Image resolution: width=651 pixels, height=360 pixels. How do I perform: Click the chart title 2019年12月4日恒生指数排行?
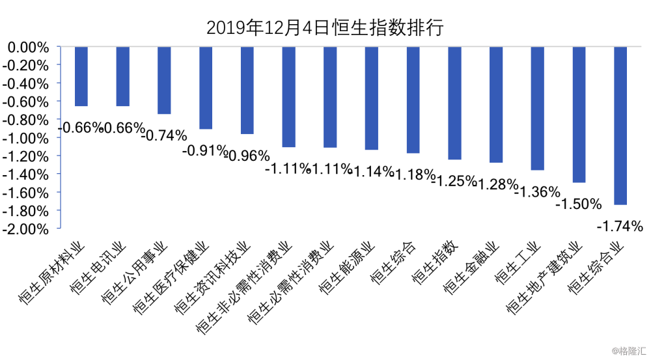coord(325,27)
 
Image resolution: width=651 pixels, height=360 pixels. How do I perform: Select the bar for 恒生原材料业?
coord(81,76)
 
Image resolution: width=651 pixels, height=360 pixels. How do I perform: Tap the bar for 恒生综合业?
coord(620,126)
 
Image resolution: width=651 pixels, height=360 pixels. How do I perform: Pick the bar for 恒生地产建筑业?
coord(578,115)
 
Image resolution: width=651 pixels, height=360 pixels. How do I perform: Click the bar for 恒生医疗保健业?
coord(206,88)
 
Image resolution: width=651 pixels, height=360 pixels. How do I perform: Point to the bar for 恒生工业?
coord(537,108)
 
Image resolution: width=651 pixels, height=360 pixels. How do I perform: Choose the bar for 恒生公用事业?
coord(164,80)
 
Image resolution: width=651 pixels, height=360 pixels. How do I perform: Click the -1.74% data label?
coord(620,227)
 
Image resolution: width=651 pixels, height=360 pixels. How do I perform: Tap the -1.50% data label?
coord(578,204)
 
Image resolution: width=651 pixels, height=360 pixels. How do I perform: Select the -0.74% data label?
coord(164,135)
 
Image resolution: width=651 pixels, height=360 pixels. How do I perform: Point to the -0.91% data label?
coord(203,150)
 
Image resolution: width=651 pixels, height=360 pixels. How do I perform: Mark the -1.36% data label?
coord(537,192)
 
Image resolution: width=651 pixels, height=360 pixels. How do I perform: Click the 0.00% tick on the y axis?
coord(29,48)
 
